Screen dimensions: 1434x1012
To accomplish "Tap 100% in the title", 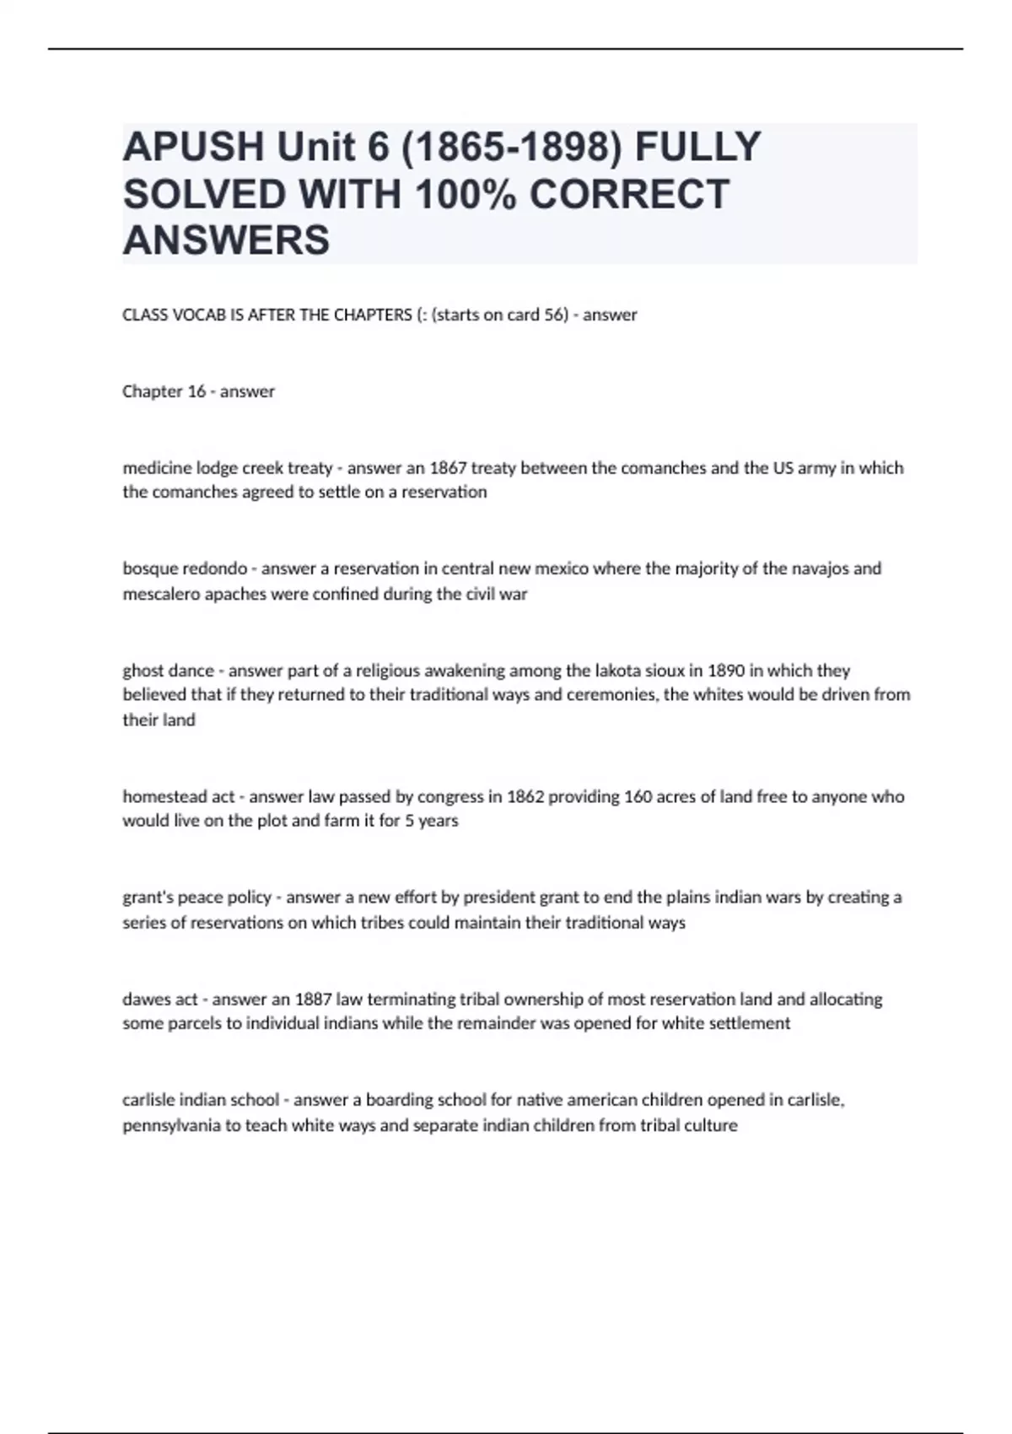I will [x=466, y=194].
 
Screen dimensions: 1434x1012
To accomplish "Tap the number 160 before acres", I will [x=637, y=796].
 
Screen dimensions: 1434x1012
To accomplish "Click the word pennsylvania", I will [x=172, y=1125].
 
